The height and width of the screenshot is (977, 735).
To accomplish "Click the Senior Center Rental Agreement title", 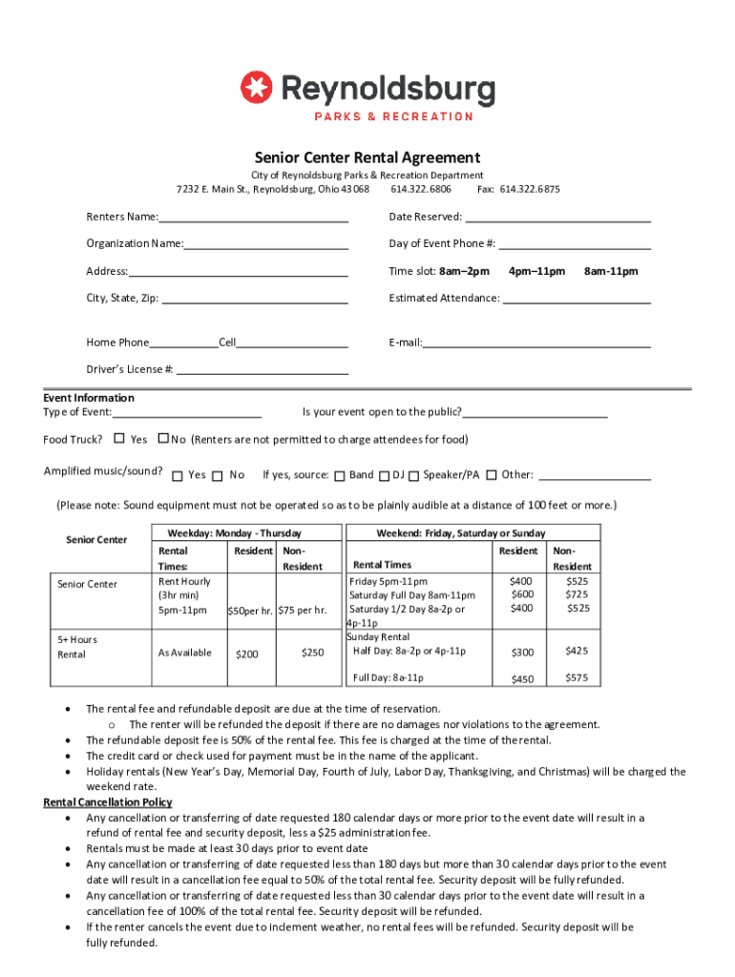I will (367, 157).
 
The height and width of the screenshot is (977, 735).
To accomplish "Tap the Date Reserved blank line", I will (557, 217).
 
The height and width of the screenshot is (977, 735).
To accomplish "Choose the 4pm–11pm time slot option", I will (536, 271).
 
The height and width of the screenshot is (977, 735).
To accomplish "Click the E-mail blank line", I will (536, 343).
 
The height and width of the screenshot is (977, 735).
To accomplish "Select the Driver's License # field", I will (262, 369).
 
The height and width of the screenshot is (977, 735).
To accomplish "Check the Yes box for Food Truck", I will (119, 439).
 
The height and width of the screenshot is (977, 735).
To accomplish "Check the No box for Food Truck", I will (163, 439).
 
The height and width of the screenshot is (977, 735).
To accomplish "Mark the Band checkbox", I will (339, 475).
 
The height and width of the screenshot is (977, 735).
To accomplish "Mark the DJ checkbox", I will (384, 475).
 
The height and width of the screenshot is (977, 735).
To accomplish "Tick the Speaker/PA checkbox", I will (413, 475).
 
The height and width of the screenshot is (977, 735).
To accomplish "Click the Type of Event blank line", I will (187, 412).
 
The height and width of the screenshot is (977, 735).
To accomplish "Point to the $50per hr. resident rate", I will (250, 611).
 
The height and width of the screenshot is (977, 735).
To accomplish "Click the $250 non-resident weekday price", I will (312, 653).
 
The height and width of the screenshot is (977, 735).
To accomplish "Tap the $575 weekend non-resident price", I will (577, 678).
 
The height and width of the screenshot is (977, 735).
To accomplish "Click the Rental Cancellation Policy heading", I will (108, 802).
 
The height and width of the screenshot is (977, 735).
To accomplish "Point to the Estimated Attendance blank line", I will (577, 298).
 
